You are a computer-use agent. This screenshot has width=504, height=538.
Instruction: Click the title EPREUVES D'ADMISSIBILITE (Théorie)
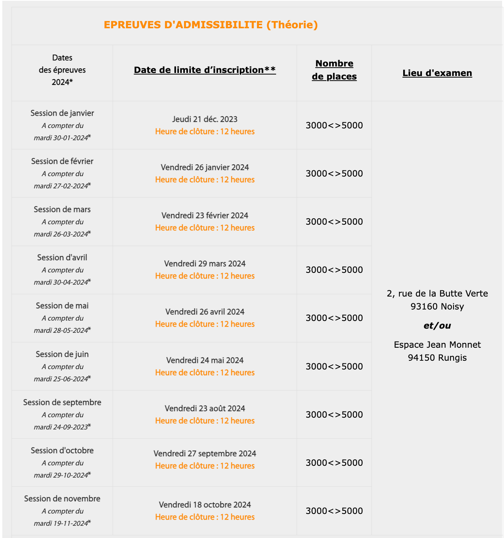point(211,25)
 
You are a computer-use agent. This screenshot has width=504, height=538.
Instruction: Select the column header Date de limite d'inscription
point(205,70)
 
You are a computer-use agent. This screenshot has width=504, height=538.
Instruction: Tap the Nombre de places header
point(334,70)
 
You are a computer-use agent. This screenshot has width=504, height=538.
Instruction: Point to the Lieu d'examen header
point(437,73)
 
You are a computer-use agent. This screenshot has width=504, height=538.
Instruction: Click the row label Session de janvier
point(62,113)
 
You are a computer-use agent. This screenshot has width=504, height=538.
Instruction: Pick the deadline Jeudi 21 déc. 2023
point(205,119)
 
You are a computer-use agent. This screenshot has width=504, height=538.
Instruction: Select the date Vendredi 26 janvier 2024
point(205,167)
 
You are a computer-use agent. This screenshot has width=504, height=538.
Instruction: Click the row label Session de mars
point(62,209)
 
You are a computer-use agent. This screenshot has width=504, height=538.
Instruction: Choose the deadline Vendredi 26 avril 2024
point(205,312)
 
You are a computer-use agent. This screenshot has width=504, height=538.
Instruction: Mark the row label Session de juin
point(62,354)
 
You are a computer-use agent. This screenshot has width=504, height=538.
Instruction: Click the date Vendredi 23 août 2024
point(205,408)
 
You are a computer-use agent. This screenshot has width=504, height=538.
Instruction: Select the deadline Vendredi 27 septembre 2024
point(205,454)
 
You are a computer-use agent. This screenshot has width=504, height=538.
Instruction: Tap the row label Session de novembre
point(62,499)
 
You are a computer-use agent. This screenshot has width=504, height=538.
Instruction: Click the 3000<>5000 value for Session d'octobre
point(334,463)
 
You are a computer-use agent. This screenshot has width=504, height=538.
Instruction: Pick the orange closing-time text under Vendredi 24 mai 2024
point(205,373)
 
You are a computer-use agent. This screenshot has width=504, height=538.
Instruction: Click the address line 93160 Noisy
point(437,306)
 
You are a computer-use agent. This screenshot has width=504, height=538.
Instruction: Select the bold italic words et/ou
point(437,326)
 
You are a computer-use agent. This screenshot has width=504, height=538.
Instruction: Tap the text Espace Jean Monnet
point(437,345)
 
